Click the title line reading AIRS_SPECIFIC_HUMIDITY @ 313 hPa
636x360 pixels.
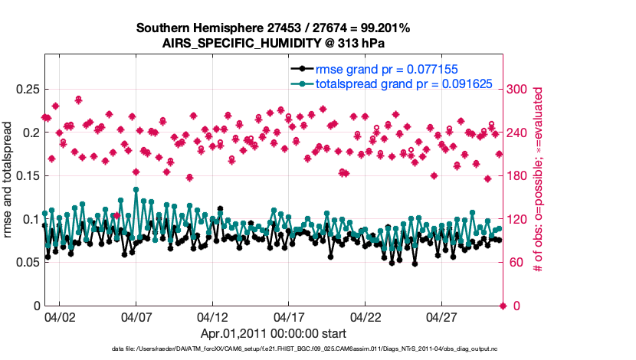273,43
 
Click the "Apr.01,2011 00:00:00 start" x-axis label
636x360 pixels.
273,333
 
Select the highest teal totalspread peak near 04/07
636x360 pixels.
136,189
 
